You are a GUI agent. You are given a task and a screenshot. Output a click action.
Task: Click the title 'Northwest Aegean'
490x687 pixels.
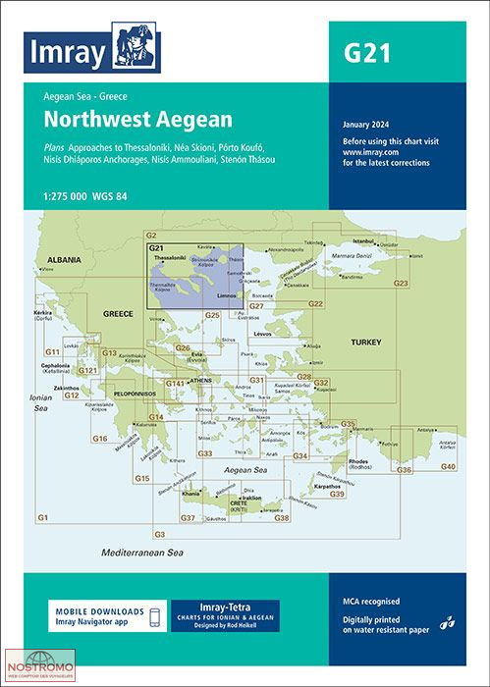pos(137,120)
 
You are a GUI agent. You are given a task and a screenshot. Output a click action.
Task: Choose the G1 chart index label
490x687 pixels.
pos(42,517)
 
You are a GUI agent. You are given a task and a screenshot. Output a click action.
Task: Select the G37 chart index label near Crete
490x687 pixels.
pos(188,517)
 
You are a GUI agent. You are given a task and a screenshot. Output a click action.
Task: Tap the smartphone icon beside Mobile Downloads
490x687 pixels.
pos(153,617)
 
